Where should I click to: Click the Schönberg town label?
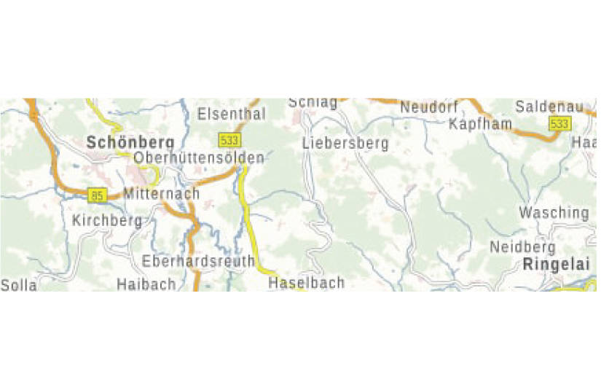(130, 142)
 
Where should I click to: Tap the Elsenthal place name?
(232, 114)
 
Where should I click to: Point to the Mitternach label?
(162, 194)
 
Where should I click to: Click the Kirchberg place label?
(107, 220)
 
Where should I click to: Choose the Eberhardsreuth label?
(199, 261)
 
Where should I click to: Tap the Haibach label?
(146, 284)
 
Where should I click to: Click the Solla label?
(18, 285)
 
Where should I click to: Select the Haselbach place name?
(306, 283)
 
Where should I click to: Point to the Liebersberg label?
(345, 143)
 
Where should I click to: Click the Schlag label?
(313, 103)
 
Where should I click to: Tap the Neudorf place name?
(429, 107)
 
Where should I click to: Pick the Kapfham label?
(480, 124)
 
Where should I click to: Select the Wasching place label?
(554, 213)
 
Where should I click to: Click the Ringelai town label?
(556, 265)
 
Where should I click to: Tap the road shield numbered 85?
(97, 195)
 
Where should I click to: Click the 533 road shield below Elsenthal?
(228, 139)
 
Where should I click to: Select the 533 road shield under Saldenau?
(559, 124)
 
